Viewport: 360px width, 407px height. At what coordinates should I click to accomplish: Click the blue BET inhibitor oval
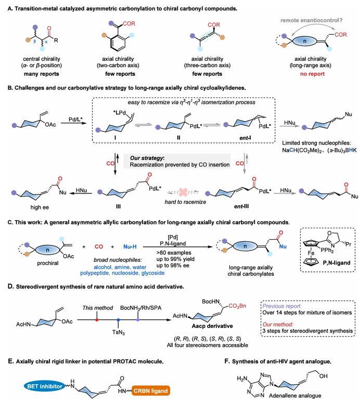45,386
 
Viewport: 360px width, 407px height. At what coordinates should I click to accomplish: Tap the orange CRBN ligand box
151,391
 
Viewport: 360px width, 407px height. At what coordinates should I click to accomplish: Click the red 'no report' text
312,74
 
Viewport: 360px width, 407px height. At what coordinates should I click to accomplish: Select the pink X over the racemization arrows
183,192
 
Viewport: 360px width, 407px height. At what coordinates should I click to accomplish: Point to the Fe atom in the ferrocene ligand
311,253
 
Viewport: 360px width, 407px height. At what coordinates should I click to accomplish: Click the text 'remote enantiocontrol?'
311,20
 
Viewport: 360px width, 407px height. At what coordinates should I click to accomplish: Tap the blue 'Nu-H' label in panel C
130,246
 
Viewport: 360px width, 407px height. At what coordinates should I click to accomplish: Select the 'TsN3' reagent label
119,332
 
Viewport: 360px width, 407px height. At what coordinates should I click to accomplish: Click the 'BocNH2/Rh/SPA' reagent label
141,308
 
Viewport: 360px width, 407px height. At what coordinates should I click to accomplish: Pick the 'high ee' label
40,207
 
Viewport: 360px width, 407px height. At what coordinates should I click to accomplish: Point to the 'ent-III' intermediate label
241,206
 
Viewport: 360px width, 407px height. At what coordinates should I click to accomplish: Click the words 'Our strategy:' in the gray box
147,158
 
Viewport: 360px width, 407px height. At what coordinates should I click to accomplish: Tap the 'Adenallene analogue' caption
295,396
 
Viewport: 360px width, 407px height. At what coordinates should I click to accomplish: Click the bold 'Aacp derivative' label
212,326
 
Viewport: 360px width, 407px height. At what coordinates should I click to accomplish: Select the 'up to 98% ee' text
173,266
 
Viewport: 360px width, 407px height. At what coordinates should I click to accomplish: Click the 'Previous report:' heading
282,306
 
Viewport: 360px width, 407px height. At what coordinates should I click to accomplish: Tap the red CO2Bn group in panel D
237,306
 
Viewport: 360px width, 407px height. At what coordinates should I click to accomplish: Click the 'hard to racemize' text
185,202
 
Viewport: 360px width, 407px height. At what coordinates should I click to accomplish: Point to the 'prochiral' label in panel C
48,263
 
